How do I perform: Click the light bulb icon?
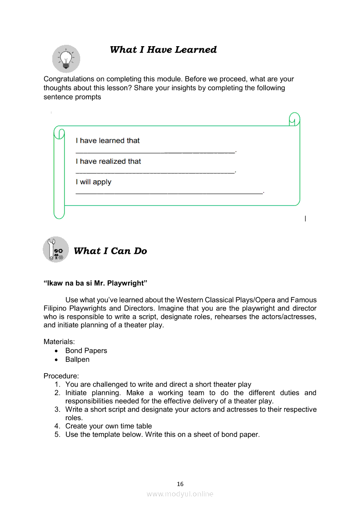point(66,59)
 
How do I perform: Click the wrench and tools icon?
point(56,250)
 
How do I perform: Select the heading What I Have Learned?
point(163,50)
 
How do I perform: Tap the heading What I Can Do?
point(110,251)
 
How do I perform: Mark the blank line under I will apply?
point(170,192)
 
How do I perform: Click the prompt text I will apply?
point(93,182)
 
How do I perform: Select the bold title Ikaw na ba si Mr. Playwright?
point(95,283)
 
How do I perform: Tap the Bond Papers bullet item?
point(86,351)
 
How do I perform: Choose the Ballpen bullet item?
point(77,360)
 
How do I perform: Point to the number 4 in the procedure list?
point(57,426)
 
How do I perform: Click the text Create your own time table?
point(109,426)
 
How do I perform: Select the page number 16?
point(180,484)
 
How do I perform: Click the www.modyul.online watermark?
point(180,494)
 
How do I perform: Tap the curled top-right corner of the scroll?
point(295,119)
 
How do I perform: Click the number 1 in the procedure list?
point(57,384)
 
